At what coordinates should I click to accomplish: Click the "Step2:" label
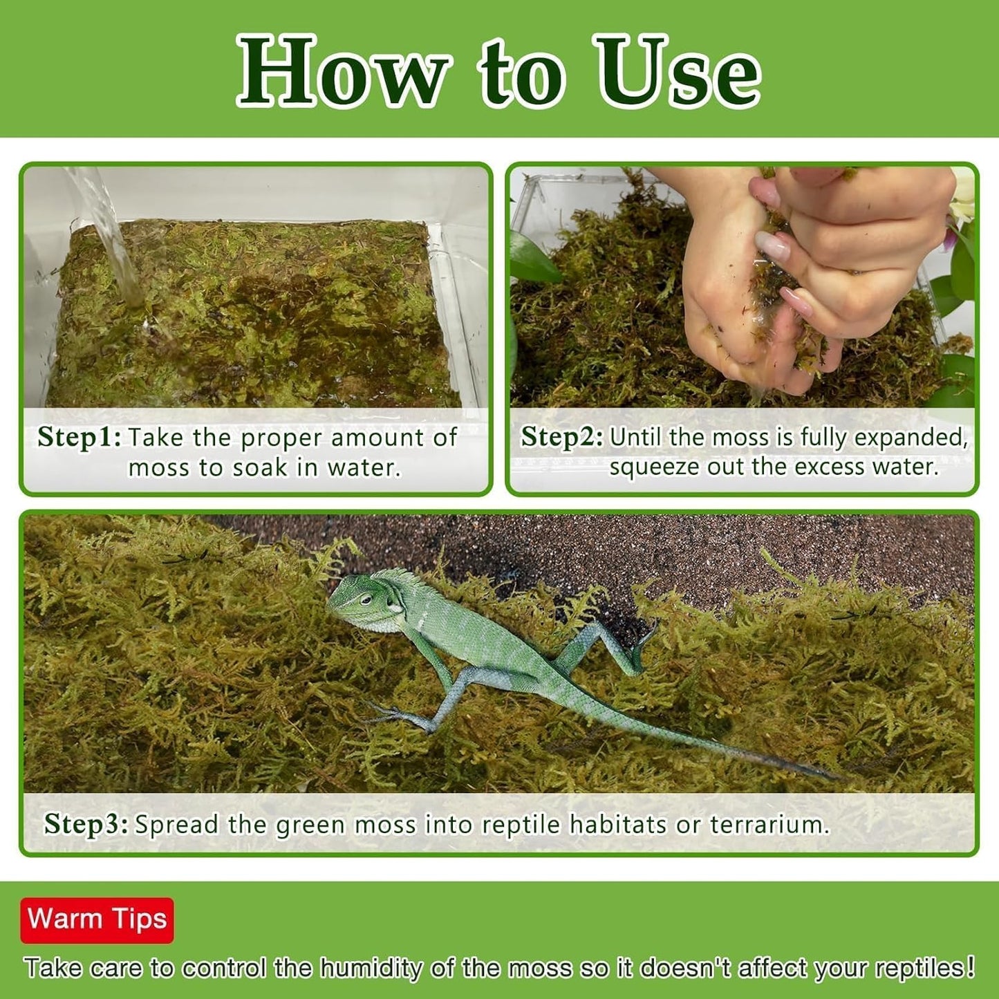561,438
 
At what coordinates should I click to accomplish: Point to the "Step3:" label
86,824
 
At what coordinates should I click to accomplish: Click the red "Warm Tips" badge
97,919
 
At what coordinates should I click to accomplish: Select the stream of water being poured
111,235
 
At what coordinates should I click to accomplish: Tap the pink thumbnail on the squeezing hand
772,245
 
